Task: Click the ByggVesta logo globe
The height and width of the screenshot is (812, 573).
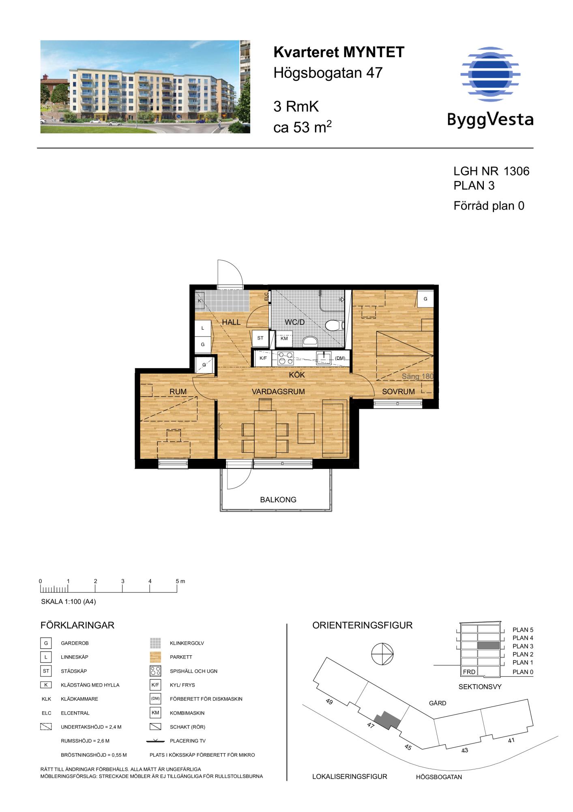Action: point(490,74)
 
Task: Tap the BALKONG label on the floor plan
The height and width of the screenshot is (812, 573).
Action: point(278,500)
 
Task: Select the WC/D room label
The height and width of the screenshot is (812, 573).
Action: point(295,322)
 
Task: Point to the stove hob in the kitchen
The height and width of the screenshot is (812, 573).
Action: point(285,358)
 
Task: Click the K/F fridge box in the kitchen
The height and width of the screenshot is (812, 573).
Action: point(263,358)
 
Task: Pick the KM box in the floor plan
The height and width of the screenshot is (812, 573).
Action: point(284,338)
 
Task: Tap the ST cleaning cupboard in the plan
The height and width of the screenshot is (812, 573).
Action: point(260,338)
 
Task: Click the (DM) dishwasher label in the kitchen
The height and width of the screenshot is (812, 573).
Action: point(340,358)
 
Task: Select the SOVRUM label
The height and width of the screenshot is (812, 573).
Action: point(398,392)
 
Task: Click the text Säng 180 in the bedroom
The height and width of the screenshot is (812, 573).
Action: point(418,376)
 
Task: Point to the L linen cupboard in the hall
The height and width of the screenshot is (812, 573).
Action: point(203,328)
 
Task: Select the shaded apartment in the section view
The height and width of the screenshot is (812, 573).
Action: point(488,646)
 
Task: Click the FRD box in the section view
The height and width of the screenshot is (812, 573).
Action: point(469,672)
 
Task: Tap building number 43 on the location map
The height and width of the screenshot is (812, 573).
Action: point(465,750)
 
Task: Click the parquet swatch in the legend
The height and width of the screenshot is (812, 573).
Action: point(155,657)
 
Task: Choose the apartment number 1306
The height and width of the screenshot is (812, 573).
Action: point(516,171)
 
